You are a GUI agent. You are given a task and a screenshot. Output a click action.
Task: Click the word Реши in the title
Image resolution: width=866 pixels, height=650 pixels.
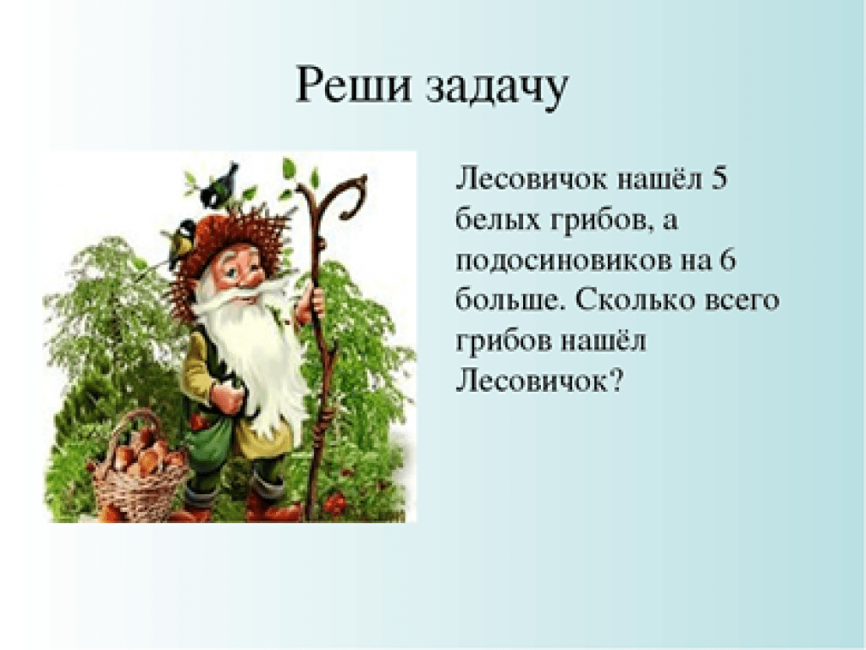(354, 85)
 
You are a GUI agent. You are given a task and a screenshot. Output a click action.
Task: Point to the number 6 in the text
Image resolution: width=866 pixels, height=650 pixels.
(727, 260)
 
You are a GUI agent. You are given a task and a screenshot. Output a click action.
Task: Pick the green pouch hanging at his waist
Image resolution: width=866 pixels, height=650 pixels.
(210, 442)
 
